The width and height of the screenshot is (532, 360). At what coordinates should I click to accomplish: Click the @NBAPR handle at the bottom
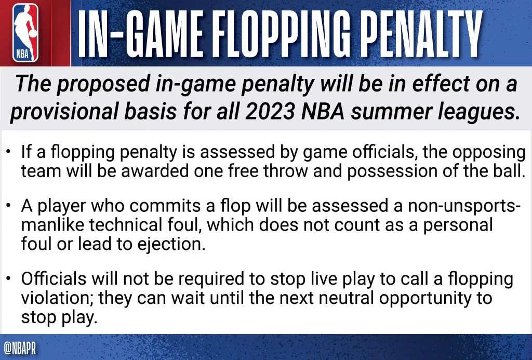20,347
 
